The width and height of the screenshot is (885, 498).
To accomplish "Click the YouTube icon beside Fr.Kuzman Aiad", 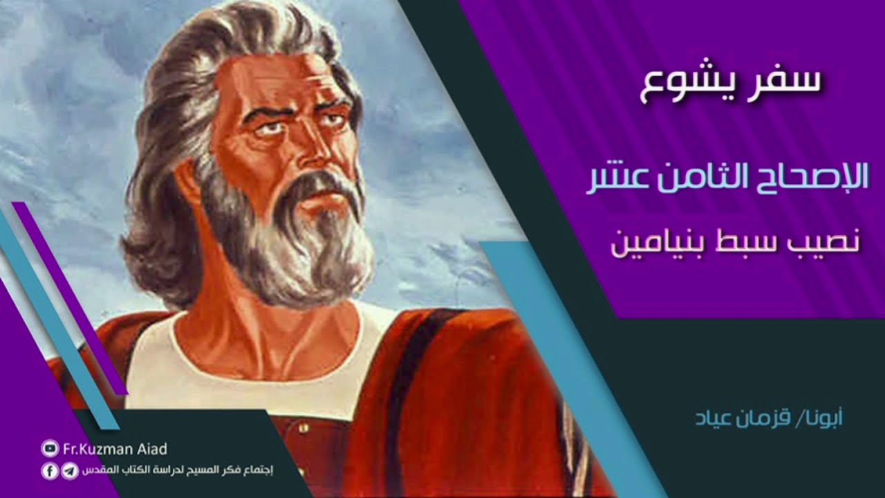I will [x=50, y=449].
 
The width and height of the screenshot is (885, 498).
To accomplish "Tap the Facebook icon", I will [x=50, y=471].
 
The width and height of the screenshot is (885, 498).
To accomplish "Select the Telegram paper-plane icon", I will [x=69, y=471].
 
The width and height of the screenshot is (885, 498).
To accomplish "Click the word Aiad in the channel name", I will [x=151, y=450].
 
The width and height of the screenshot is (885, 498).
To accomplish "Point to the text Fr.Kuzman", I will [x=97, y=450].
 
